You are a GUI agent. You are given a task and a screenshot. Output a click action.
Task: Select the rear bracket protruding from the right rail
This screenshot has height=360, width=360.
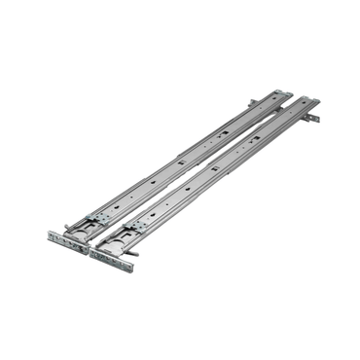(312, 118)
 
